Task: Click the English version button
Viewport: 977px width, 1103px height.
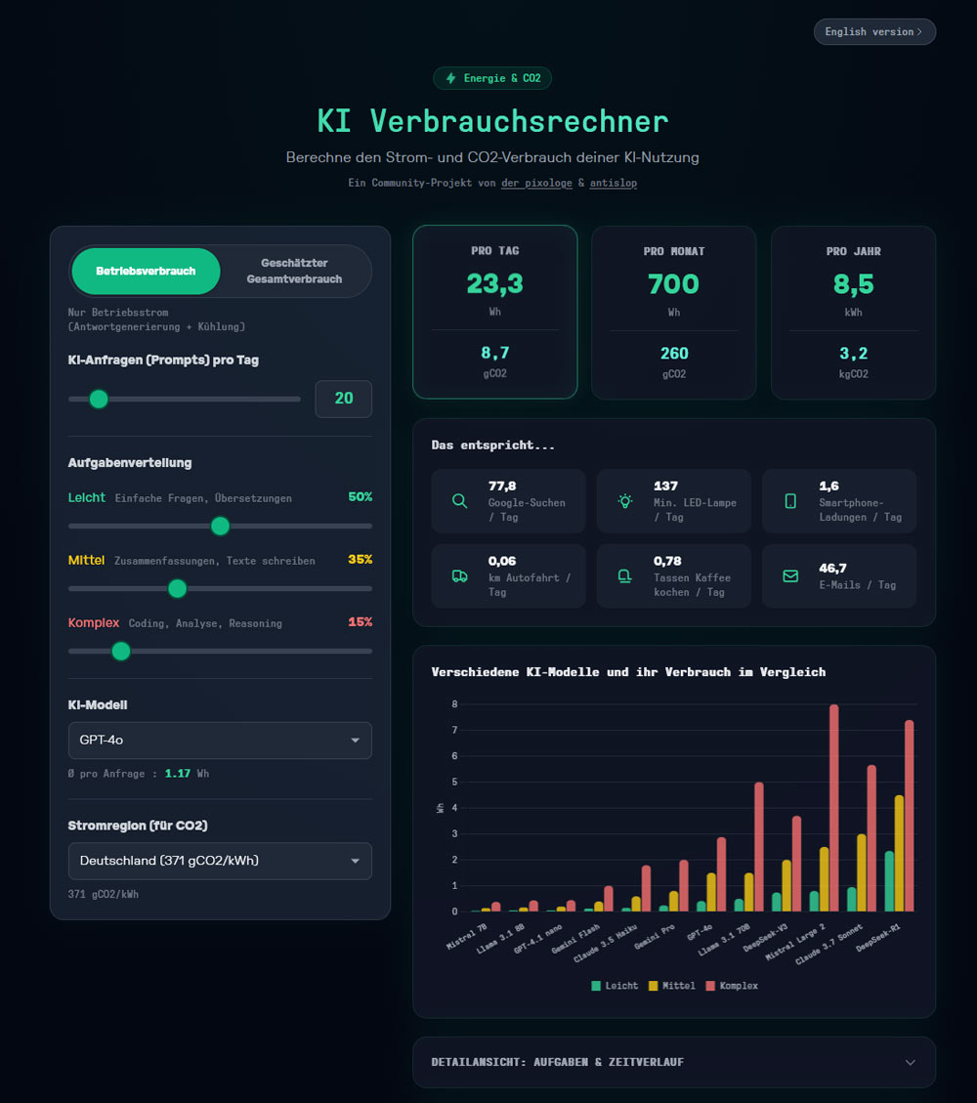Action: click(874, 32)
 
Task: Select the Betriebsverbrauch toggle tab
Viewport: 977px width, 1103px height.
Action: click(146, 271)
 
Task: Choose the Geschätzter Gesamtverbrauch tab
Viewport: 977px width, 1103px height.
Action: click(294, 271)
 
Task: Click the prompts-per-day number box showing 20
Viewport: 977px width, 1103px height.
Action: click(343, 399)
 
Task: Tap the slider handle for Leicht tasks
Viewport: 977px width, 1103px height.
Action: click(220, 526)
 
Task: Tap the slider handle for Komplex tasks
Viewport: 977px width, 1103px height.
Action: click(121, 651)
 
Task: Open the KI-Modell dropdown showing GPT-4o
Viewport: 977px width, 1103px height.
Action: click(220, 741)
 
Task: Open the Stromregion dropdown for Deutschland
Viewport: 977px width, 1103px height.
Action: click(220, 861)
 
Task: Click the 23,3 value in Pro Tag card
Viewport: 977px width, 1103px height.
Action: click(494, 283)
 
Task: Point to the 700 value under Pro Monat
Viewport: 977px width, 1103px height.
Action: click(673, 284)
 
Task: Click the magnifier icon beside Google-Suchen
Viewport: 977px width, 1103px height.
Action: click(459, 501)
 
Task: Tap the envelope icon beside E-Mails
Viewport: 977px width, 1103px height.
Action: click(790, 576)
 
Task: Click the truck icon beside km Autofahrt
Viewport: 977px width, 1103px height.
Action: click(459, 576)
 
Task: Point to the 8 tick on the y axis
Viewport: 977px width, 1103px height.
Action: click(454, 704)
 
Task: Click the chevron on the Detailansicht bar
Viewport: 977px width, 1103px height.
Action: click(911, 1062)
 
